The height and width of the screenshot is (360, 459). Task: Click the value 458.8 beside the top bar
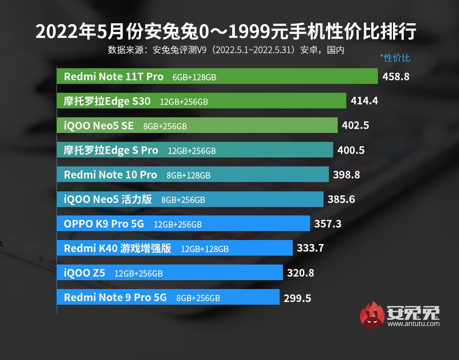pyautogui.click(x=396, y=77)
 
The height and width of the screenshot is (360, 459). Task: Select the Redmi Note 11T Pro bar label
pyautogui.click(x=114, y=77)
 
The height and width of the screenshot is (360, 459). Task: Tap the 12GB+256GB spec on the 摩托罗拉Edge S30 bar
pyautogui.click(x=184, y=102)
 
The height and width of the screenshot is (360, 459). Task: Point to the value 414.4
pyautogui.click(x=364, y=101)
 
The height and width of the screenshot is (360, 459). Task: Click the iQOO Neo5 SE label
pyautogui.click(x=98, y=126)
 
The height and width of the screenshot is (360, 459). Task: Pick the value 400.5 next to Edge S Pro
pyautogui.click(x=351, y=150)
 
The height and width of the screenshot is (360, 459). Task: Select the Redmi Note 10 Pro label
pyautogui.click(x=110, y=174)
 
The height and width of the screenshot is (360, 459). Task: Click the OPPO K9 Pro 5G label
pyautogui.click(x=104, y=223)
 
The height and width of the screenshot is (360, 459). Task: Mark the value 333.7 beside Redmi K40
pyautogui.click(x=310, y=248)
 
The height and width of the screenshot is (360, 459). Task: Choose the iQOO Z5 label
pyautogui.click(x=84, y=273)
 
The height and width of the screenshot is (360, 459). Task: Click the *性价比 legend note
pyautogui.click(x=395, y=58)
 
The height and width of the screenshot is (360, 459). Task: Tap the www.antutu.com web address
pyautogui.click(x=413, y=324)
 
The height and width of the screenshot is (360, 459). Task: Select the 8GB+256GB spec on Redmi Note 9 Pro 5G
pyautogui.click(x=198, y=298)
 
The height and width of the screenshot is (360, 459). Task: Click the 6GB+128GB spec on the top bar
pyautogui.click(x=194, y=77)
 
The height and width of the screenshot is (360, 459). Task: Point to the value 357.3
pyautogui.click(x=328, y=223)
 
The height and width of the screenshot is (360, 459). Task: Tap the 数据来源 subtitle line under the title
pyautogui.click(x=226, y=50)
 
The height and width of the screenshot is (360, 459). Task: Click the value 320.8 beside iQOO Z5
pyautogui.click(x=300, y=273)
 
